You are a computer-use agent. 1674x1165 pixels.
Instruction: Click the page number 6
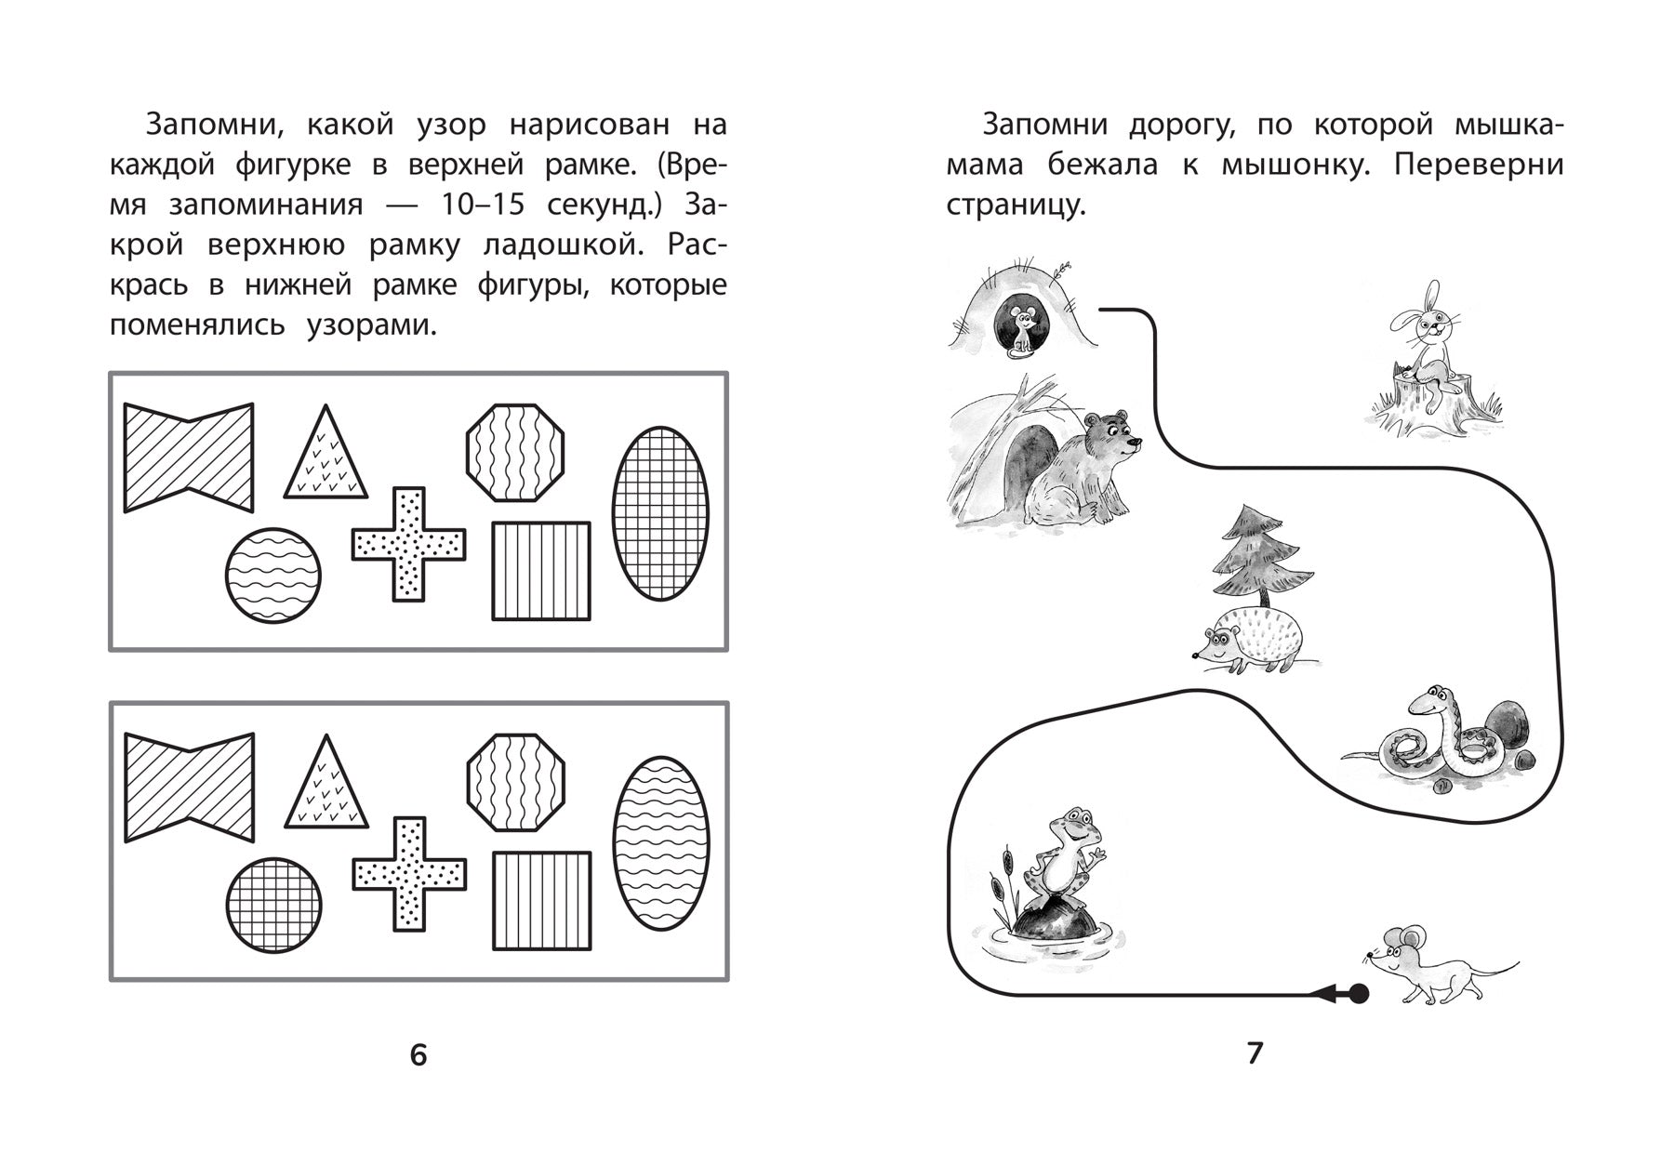(418, 1054)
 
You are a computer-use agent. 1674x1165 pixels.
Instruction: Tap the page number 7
(1255, 1052)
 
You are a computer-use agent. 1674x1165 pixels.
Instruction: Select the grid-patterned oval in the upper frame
(660, 513)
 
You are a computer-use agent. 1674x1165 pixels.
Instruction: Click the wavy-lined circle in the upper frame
(273, 575)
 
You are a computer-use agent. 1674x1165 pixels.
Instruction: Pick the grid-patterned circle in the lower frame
(273, 905)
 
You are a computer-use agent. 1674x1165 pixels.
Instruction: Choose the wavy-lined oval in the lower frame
(661, 843)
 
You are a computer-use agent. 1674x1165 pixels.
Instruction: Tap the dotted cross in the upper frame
(408, 544)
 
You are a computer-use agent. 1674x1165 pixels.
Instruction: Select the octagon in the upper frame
(515, 453)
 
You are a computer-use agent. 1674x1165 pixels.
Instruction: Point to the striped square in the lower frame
(541, 901)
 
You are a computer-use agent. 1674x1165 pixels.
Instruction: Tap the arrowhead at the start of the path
(1322, 995)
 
